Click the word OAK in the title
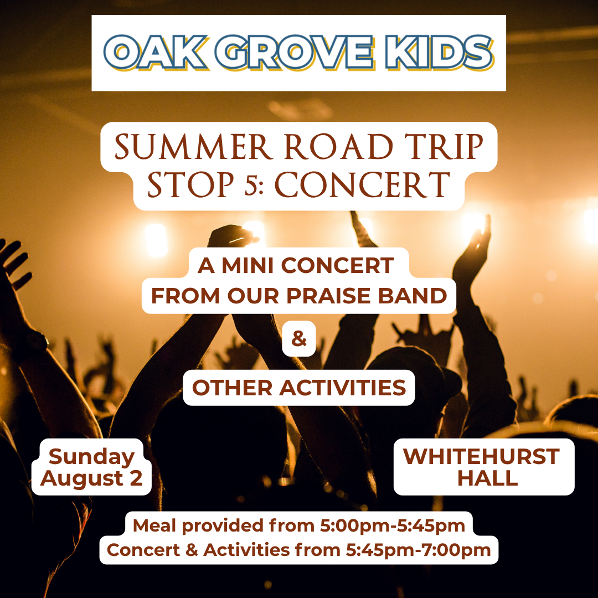(x=156, y=52)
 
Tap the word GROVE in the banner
(x=294, y=52)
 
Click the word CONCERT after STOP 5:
(x=362, y=185)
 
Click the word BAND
(x=413, y=296)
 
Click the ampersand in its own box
(x=299, y=339)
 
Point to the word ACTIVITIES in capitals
(x=343, y=388)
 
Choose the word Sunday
(x=91, y=457)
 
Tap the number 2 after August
(x=136, y=478)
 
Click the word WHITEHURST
(x=481, y=456)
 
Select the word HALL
(x=488, y=478)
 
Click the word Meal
(x=154, y=525)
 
